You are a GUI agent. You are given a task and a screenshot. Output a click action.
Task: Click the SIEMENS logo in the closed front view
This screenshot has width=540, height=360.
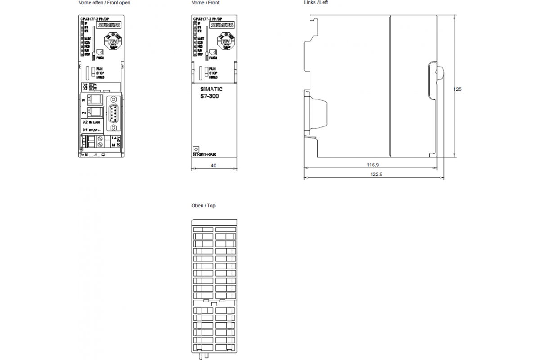(222, 26)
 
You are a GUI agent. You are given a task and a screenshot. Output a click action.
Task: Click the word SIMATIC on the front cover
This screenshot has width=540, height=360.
(211, 90)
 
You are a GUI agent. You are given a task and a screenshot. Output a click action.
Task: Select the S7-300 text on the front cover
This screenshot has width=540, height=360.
(209, 96)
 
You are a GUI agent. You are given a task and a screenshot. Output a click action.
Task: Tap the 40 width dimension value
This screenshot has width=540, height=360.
(213, 166)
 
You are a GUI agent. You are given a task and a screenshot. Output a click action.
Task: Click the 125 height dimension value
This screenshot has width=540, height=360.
(457, 89)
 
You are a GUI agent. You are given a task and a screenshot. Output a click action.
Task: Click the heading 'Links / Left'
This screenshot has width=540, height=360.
(316, 3)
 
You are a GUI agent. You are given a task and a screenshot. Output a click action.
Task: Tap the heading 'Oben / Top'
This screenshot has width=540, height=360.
(203, 206)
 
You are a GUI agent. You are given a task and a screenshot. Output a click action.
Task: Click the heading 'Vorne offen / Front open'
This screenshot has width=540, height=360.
(104, 3)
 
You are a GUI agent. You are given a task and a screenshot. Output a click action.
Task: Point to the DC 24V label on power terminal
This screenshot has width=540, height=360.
(118, 141)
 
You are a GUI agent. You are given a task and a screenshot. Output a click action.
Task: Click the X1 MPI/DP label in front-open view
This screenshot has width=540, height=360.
(90, 130)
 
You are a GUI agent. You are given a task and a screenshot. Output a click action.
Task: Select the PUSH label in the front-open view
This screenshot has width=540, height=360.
(100, 58)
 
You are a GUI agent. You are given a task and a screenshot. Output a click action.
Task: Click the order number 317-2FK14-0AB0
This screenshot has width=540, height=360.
(205, 155)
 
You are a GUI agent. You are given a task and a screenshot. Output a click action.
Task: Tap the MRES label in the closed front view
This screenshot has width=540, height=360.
(213, 77)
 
